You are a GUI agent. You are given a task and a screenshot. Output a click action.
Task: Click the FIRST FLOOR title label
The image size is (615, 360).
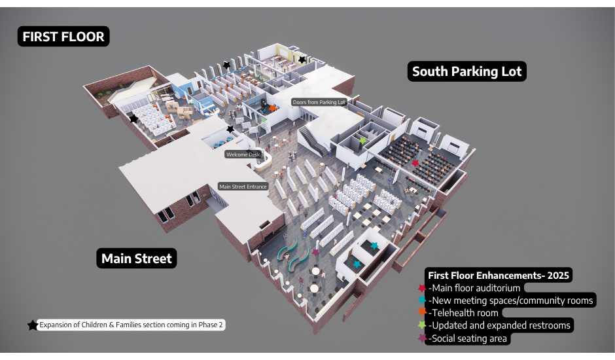(x=63, y=37)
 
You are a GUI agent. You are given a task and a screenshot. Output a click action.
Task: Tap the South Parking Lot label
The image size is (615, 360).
(x=467, y=71)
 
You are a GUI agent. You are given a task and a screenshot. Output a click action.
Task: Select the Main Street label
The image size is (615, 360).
(x=137, y=259)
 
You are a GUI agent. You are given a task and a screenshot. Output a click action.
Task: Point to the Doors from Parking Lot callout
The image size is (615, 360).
(x=319, y=102)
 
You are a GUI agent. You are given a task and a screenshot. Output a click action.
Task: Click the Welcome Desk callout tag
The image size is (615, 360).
(x=243, y=154)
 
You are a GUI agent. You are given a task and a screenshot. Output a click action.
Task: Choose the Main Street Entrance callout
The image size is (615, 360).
(x=243, y=187)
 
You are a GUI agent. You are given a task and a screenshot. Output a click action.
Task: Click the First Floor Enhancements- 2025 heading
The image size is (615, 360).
(x=499, y=276)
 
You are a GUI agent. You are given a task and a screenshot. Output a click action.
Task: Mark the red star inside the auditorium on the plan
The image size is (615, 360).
(x=415, y=162)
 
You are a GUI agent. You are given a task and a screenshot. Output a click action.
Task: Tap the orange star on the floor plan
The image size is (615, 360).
(x=273, y=108)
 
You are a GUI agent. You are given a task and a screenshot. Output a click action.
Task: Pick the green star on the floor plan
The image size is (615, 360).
(x=363, y=140)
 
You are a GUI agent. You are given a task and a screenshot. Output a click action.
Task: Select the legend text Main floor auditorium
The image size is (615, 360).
(x=474, y=288)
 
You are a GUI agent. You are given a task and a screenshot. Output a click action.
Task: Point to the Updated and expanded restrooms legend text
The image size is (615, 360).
(x=500, y=325)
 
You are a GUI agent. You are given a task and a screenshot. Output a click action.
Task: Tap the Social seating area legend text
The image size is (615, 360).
(x=468, y=338)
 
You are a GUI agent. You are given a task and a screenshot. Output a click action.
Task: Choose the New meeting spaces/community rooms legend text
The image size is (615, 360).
(x=511, y=300)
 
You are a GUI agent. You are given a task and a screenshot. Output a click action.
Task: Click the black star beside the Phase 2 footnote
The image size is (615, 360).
(x=32, y=325)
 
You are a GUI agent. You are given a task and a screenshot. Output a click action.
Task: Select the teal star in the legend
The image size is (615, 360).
(x=422, y=300)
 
